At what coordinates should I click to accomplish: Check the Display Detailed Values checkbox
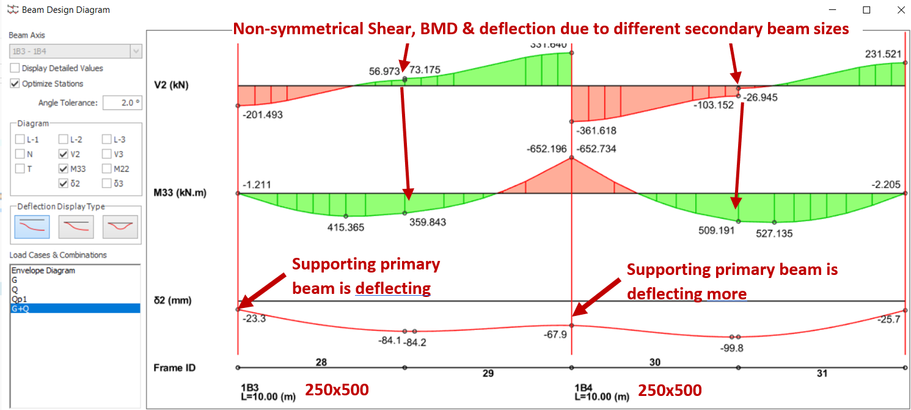point(16,68)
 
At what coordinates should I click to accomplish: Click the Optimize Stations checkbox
point(16,84)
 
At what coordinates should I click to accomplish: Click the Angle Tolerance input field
point(122,103)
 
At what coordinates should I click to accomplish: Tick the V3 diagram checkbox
point(107,155)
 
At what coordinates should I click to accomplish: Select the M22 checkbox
point(107,169)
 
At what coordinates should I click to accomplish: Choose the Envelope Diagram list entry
point(43,271)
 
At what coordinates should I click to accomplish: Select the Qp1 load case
point(18,299)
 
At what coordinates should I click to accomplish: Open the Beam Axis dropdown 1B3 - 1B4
point(76,51)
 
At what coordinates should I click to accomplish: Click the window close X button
point(901,10)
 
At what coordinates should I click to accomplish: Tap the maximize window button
point(866,10)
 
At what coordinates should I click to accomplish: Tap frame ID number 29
point(488,373)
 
